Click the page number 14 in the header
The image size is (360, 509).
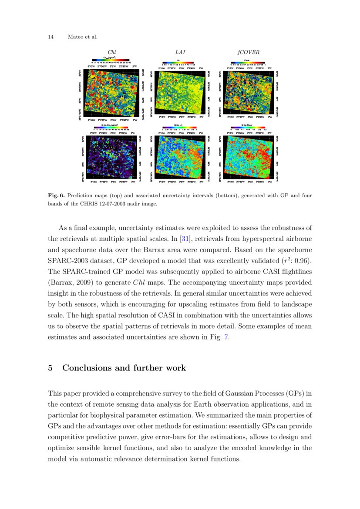coord(50,37)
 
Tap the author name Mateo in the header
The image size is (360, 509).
coord(75,37)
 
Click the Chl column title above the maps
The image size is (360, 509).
coord(111,52)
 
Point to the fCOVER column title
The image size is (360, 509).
coord(248,52)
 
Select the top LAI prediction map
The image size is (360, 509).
coord(180,93)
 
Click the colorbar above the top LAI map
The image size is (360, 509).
coord(180,64)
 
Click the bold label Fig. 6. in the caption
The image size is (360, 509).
coord(56,196)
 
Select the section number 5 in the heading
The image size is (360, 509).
coord(50,368)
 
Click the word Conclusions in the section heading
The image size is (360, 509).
coord(86,368)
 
